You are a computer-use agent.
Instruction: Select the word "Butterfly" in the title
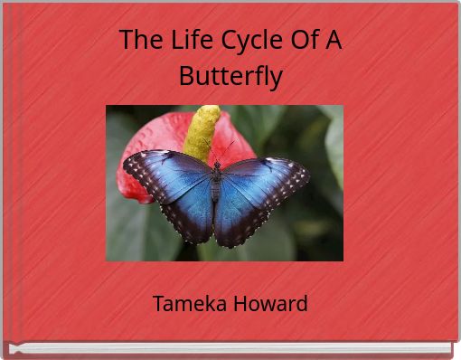point(230,76)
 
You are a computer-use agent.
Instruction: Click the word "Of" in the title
point(293,41)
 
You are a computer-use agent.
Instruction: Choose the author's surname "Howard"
point(270,304)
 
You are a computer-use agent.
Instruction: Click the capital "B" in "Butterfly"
point(186,76)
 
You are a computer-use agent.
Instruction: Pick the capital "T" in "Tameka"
point(159,304)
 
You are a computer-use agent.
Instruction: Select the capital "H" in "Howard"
point(240,304)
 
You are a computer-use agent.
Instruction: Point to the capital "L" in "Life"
point(164,41)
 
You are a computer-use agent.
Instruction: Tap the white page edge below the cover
point(230,348)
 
